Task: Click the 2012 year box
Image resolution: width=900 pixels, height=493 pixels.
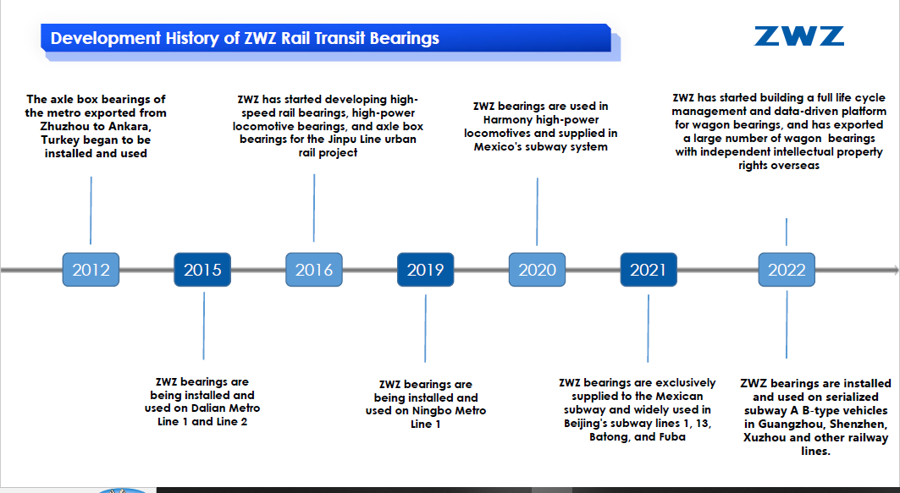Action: point(91,270)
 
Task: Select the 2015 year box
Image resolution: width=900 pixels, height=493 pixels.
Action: point(202,270)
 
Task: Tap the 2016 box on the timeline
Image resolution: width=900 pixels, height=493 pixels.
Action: point(314,270)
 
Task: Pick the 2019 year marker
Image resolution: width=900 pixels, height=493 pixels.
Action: point(425,270)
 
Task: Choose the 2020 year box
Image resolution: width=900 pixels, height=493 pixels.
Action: point(538,270)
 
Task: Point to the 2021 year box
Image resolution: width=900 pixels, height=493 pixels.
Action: point(649,270)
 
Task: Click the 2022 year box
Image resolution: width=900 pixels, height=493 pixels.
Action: point(787,270)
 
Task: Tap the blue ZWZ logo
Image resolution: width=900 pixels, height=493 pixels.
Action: point(799,36)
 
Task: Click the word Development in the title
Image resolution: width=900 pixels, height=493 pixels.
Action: point(106,38)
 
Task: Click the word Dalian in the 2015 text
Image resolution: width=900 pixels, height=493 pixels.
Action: point(210,408)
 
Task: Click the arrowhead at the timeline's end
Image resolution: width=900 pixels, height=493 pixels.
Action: point(896,270)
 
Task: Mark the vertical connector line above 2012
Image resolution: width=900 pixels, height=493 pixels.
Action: point(91,211)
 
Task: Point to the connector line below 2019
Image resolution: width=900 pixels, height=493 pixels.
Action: point(425,328)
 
